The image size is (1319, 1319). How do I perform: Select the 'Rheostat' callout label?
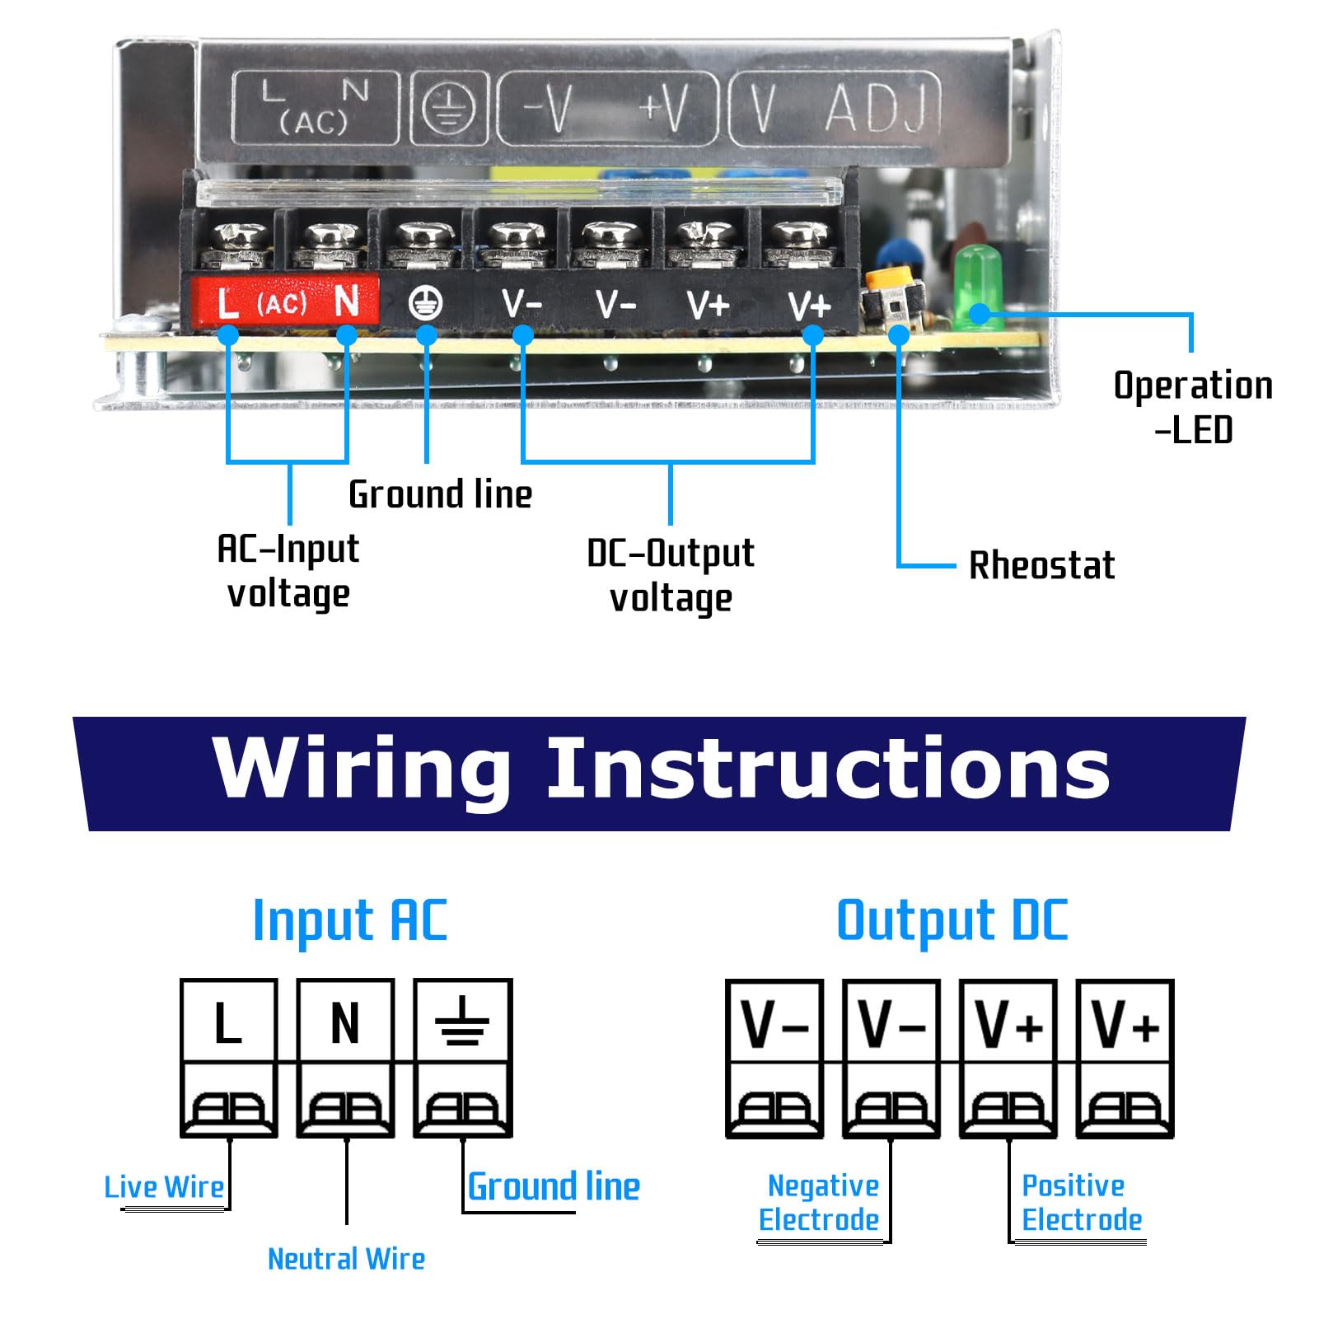(x=1041, y=565)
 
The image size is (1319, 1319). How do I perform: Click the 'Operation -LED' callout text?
(x=1193, y=407)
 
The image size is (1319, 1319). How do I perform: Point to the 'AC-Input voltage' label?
(x=288, y=571)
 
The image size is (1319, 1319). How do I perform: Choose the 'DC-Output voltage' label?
(x=671, y=575)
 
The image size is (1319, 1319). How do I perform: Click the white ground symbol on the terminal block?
(x=425, y=303)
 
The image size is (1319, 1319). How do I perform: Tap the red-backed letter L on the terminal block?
(x=227, y=302)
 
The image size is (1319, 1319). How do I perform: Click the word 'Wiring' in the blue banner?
(x=362, y=768)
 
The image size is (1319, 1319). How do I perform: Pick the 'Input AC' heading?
(x=350, y=920)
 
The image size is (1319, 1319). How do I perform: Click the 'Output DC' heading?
(x=952, y=920)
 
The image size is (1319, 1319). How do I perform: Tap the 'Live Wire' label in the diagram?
(x=164, y=1187)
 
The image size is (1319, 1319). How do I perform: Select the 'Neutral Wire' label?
(x=347, y=1259)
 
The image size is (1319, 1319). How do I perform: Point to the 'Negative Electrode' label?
(x=819, y=1203)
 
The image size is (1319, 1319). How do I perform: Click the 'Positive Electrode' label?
(x=1082, y=1203)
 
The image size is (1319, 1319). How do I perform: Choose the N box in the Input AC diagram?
(x=345, y=1021)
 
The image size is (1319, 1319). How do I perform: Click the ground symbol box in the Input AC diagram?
(x=463, y=1021)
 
